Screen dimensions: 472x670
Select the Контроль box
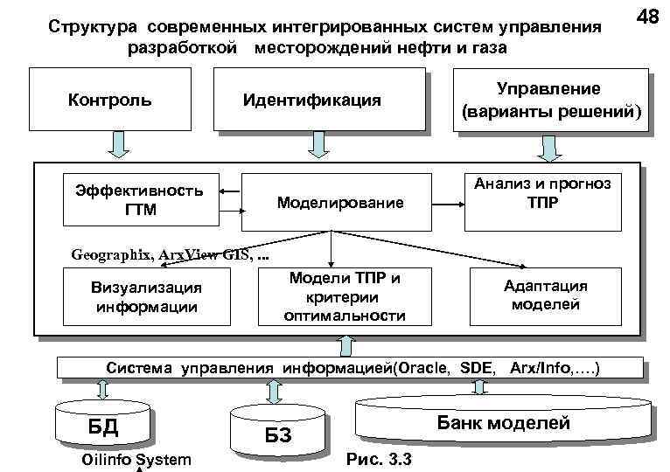109,100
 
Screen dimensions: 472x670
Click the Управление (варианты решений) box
551,101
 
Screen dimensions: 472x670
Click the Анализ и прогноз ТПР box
542,193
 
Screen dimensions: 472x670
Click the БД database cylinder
100,427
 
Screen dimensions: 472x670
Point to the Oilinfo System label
135,460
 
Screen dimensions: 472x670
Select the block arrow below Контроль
117,144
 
